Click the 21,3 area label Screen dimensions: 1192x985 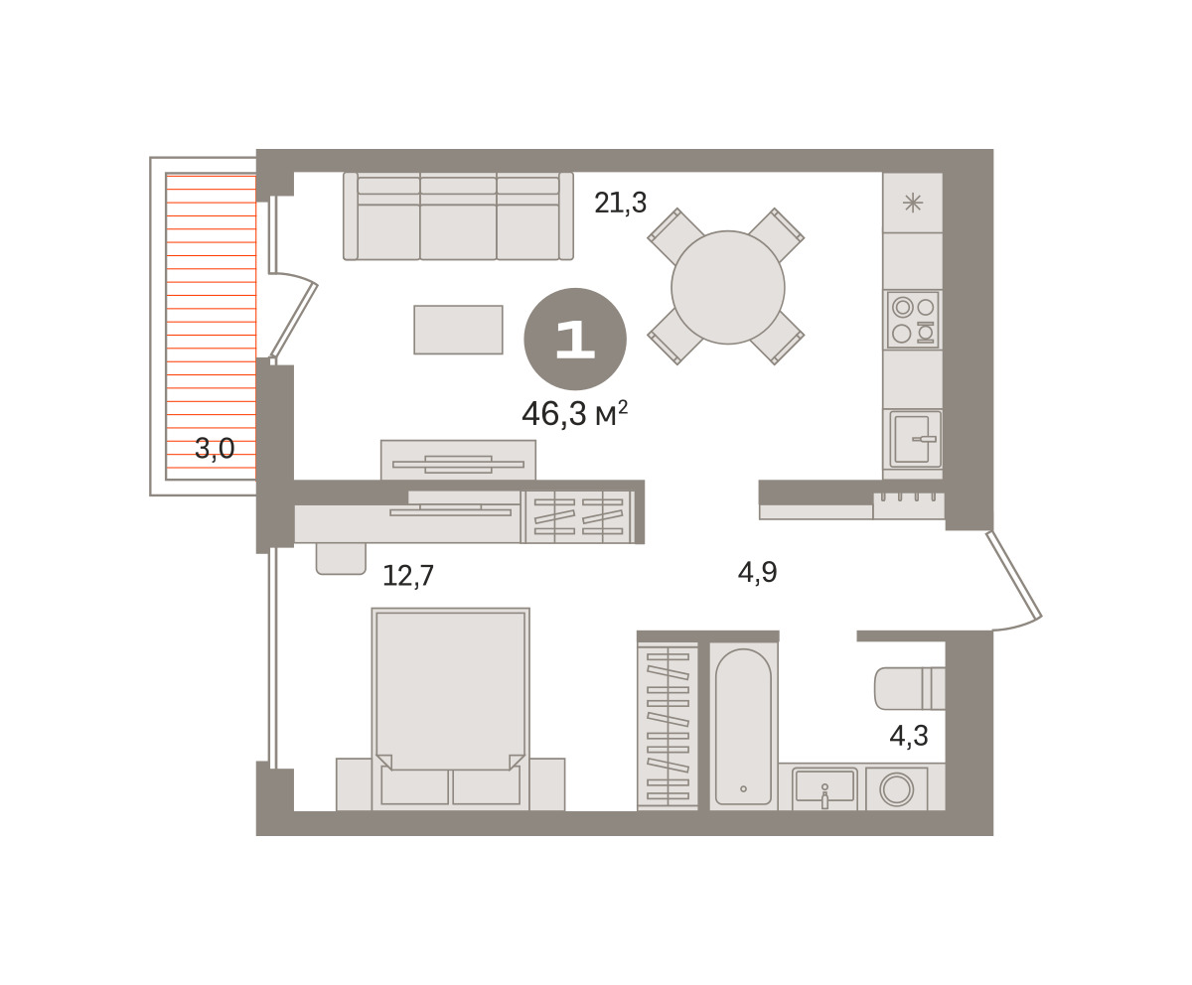(620, 203)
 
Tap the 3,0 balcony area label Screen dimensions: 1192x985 (215, 448)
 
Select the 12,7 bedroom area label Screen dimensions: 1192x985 (408, 575)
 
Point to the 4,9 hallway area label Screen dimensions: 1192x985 (757, 572)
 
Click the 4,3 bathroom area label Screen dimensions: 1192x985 (909, 736)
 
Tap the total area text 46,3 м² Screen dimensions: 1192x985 (574, 414)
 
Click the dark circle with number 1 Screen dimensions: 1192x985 (575, 339)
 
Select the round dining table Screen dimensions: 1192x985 (728, 287)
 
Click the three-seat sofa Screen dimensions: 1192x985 (458, 216)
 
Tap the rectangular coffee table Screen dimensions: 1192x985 (458, 330)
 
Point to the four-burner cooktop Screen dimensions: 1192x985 (913, 320)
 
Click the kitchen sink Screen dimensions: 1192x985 (915, 438)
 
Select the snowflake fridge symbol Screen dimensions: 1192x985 (913, 203)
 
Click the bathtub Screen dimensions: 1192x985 (743, 727)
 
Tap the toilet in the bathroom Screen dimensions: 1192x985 (910, 688)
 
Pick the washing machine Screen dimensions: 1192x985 (896, 789)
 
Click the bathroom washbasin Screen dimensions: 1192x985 (824, 788)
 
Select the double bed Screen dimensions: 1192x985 (450, 709)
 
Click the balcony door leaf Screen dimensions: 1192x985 (293, 321)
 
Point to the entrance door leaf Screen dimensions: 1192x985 (1014, 574)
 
